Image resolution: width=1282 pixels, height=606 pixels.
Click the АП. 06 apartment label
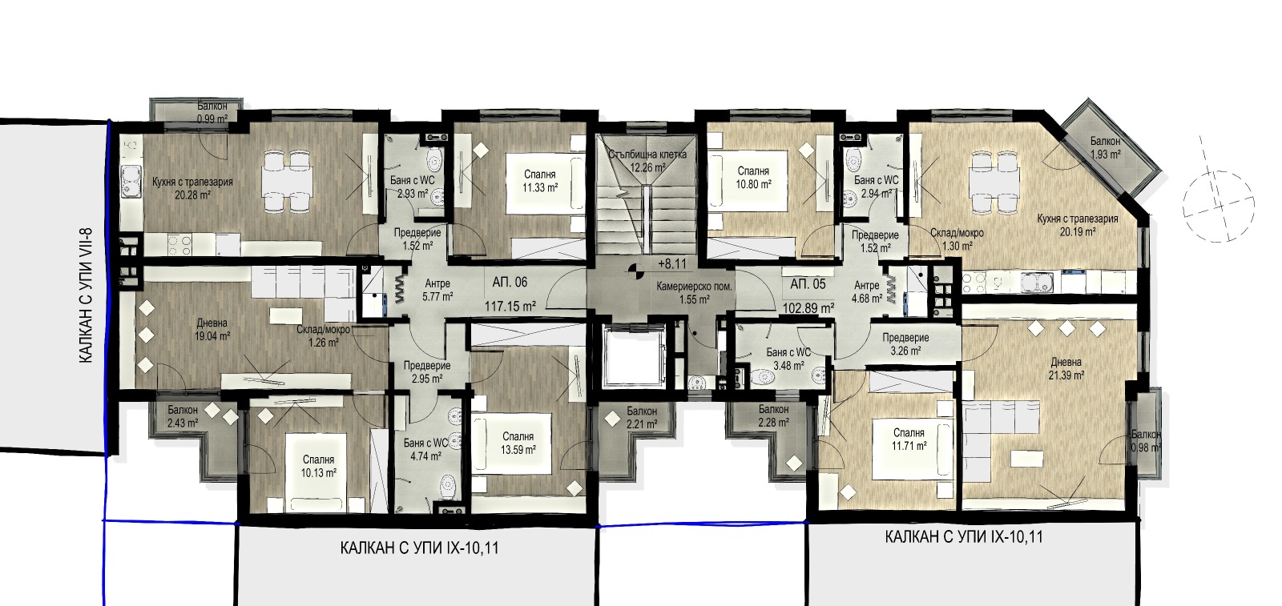click(x=510, y=283)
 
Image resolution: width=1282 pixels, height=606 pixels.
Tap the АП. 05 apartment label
click(x=808, y=284)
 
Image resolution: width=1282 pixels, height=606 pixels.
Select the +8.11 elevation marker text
click(x=672, y=264)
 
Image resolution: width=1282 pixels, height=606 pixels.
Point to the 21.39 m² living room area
click(x=1066, y=375)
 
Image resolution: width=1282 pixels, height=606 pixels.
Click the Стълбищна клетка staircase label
click(x=647, y=155)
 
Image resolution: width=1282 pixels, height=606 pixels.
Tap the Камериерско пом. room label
click(x=695, y=287)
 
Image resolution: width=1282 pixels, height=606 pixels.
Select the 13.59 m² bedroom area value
click(x=518, y=450)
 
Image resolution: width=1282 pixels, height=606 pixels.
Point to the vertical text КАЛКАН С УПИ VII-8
click(x=85, y=295)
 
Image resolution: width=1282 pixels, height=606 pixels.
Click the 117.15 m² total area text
click(x=510, y=307)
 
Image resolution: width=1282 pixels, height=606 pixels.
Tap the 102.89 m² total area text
click(x=808, y=309)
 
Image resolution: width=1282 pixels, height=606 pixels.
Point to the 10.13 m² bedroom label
click(x=319, y=467)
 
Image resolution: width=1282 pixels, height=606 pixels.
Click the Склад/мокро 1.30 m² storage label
click(x=957, y=239)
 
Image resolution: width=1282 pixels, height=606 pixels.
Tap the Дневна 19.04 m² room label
click(x=212, y=330)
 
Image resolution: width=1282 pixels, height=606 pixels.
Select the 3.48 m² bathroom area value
click(x=788, y=366)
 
